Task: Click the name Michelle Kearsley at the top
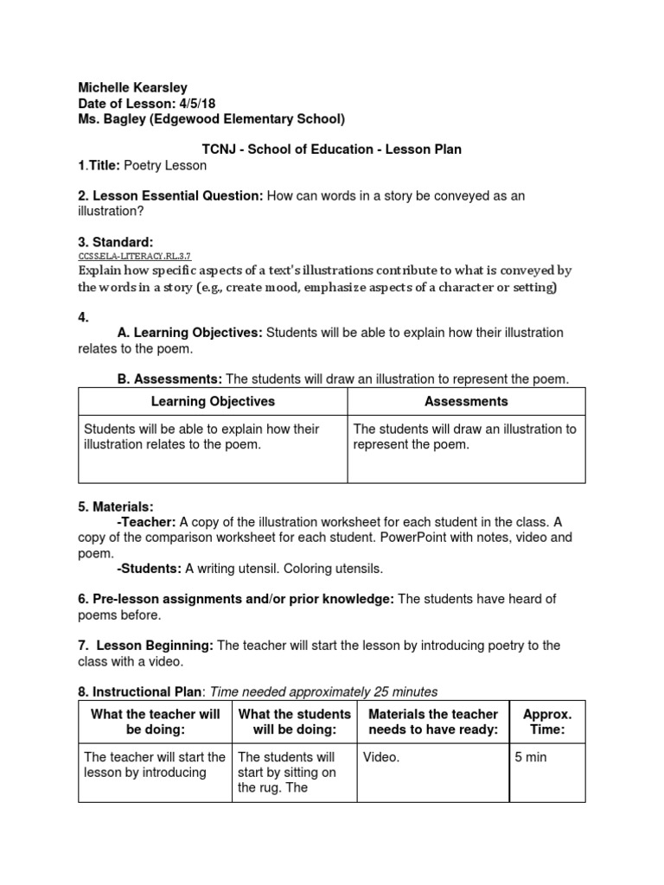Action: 132,87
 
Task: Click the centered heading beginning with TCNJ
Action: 331,150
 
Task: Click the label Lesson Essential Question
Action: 170,196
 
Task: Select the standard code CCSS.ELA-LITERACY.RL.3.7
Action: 134,257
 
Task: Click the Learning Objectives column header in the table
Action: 213,401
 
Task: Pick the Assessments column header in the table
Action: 466,401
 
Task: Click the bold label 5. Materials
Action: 116,506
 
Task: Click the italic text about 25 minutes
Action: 324,691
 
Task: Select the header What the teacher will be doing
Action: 155,722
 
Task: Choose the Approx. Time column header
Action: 547,722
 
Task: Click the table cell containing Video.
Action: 381,757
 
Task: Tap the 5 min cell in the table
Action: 531,757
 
